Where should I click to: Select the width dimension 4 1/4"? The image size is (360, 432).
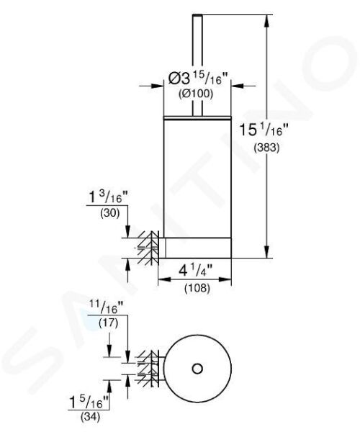pos(194,272)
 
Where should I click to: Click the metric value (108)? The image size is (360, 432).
pos(194,288)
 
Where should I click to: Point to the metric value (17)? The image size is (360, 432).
pos(108,324)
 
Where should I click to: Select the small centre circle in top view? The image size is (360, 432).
pos(197,369)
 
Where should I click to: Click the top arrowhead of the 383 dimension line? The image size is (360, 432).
pos(268,17)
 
